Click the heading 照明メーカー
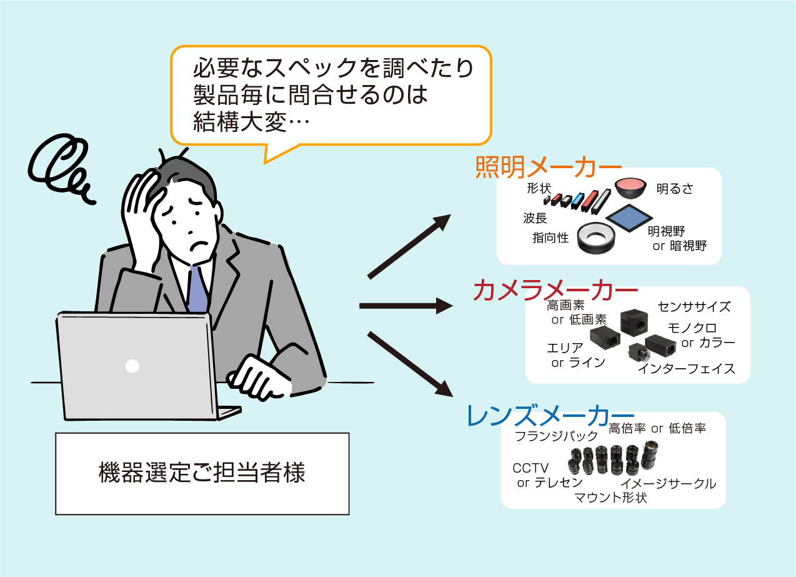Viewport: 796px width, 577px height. click(x=549, y=167)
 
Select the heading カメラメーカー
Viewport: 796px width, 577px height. click(x=555, y=291)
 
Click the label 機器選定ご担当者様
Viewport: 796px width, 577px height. click(x=202, y=473)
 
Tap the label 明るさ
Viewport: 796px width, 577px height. click(x=675, y=189)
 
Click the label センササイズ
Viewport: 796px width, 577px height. click(x=694, y=307)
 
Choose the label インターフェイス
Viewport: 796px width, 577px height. click(x=686, y=369)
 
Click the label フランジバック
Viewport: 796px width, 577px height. click(x=556, y=436)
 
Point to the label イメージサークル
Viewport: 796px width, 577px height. click(x=668, y=483)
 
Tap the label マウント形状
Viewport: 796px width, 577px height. click(x=610, y=498)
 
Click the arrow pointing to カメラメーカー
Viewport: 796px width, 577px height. click(x=406, y=306)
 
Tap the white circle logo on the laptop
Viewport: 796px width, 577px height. click(x=132, y=366)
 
